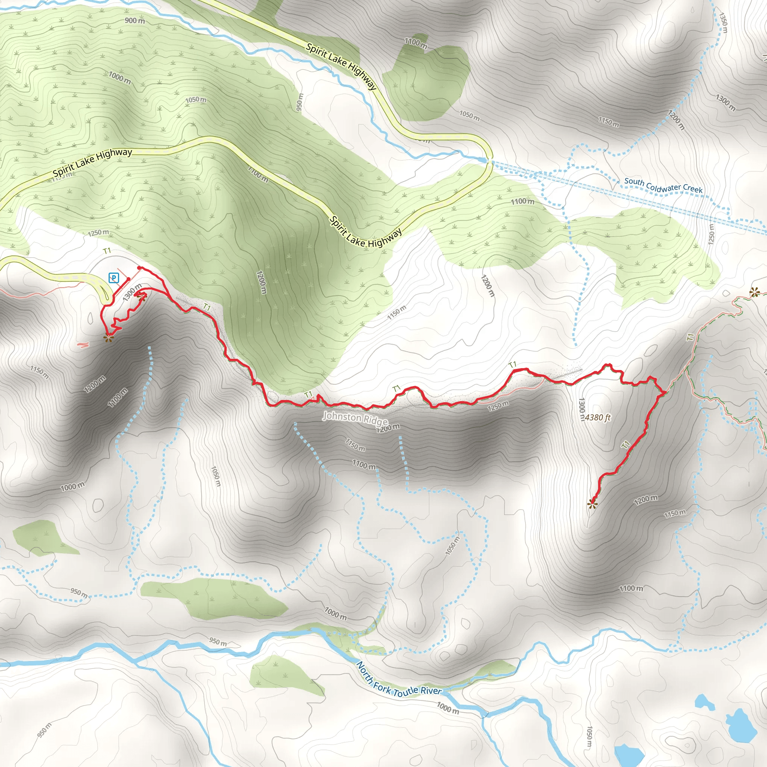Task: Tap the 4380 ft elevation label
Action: [x=597, y=417]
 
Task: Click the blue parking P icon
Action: [x=114, y=278]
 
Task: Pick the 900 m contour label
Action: [x=134, y=21]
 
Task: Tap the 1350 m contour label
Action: [x=723, y=23]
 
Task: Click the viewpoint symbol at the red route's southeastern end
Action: [x=592, y=504]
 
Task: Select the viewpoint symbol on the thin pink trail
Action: [x=754, y=292]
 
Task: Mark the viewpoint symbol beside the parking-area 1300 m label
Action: [x=142, y=295]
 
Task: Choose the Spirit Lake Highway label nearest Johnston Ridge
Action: [x=366, y=232]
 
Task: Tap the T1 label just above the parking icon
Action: [x=107, y=251]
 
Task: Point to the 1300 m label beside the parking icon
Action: [x=132, y=292]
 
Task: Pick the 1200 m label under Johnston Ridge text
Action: [x=388, y=427]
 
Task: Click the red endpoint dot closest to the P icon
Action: [x=128, y=279]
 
